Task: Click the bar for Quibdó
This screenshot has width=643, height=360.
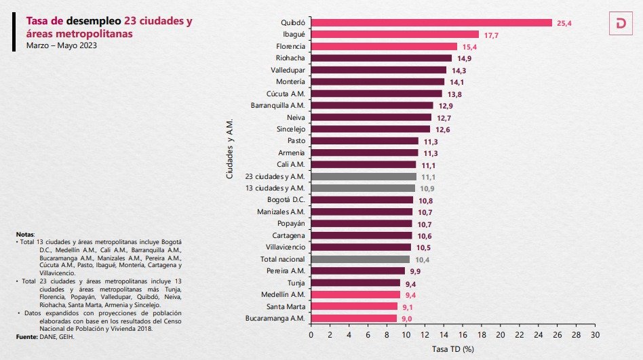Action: coord(431,22)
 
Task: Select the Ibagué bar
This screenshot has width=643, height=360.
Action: coord(395,34)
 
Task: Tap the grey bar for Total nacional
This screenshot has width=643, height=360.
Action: coord(360,259)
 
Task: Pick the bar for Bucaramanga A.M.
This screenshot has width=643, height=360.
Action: coord(353,318)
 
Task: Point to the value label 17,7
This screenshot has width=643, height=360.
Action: coord(491,35)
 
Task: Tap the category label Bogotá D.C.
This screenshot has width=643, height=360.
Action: coord(287,200)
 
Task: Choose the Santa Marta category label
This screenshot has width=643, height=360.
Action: coord(286,306)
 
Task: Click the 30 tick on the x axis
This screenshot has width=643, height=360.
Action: coord(595,335)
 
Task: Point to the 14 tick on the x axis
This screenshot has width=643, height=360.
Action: coord(444,335)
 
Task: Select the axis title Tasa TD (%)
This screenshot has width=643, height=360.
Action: coord(452,349)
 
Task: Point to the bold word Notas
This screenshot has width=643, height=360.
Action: coord(25,234)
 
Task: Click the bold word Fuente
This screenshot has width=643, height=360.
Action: coord(27,337)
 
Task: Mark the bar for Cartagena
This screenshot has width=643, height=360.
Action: coord(362,235)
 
